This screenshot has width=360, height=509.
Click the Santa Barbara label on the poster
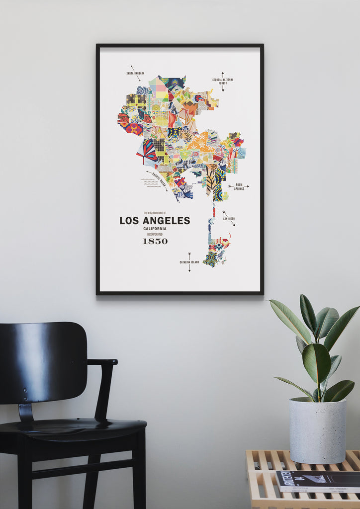[x=135, y=73]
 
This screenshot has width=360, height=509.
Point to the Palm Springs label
[x=239, y=187]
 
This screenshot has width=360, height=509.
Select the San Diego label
[x=228, y=219]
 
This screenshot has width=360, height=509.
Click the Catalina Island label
[x=189, y=262]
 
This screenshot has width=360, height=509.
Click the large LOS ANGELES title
[x=155, y=220]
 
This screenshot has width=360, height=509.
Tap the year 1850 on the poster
[x=155, y=241]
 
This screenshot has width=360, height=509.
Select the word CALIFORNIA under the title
[x=155, y=229]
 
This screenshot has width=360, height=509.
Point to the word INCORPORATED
[x=155, y=234]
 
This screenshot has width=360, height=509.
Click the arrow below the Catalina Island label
[x=189, y=268]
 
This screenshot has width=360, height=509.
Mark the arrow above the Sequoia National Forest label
[x=223, y=74]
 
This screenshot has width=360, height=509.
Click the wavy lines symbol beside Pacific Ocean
[x=150, y=182]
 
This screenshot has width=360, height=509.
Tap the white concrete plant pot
[x=318, y=430]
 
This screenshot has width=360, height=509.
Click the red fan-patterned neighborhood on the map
[x=148, y=151]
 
